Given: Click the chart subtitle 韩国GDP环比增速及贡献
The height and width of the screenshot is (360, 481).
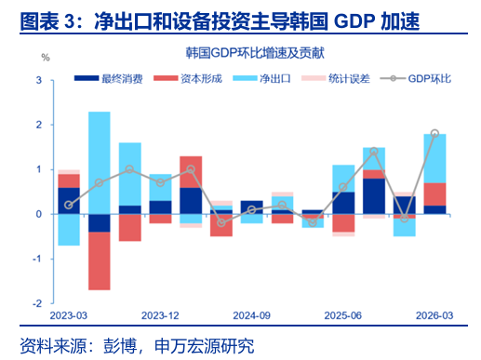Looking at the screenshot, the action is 255,53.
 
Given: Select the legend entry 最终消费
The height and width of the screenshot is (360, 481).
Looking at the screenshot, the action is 109,78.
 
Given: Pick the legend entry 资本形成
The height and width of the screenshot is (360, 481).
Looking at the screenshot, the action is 188,78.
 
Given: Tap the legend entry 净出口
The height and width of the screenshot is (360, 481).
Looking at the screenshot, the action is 262,78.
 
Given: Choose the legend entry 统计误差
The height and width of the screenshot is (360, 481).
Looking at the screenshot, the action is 336,78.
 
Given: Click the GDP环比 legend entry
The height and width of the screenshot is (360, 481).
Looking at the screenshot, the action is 416,78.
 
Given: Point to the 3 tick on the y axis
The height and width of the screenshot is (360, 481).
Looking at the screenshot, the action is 39,80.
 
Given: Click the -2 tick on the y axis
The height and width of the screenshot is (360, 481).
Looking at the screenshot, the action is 37,303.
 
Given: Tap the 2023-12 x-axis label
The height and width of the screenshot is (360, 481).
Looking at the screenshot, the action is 160,315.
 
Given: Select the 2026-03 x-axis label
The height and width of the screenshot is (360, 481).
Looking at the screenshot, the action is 434,315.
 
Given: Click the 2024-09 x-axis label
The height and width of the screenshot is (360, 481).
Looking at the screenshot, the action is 251,315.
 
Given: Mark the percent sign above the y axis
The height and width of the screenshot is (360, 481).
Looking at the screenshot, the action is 46,58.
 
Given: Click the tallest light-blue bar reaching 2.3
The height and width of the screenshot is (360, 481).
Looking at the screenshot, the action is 100,163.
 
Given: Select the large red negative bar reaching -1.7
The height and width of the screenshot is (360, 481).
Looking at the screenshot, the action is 100,260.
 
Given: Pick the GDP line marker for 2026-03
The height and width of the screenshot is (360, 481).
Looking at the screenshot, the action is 434,133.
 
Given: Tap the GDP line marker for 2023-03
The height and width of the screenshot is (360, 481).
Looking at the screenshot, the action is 69,205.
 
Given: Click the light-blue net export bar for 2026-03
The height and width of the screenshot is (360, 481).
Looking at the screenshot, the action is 434,158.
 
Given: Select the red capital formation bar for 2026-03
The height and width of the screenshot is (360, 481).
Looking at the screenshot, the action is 434,194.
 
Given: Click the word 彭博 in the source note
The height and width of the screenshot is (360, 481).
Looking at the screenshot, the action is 120,346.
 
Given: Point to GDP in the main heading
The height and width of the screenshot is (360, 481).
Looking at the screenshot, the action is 354,21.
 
